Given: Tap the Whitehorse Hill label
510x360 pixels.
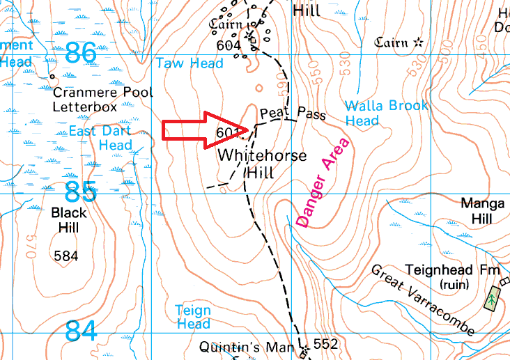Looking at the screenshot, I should tap(261, 163).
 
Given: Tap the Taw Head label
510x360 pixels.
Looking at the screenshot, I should tap(190, 63).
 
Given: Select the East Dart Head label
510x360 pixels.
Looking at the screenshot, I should tap(100, 138).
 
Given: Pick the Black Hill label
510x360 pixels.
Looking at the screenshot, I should tap(69, 220).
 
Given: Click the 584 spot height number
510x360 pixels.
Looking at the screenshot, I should tap(66, 256).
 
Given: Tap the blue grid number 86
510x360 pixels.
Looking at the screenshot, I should tap(82, 52).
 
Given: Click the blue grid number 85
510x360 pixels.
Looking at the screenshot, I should tap(80, 191).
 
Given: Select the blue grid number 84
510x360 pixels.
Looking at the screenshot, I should tap(82, 331).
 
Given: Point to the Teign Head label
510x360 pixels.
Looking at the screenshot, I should tap(192, 317).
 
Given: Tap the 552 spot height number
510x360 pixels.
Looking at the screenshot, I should tap(326, 344).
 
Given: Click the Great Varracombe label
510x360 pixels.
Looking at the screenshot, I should tap(423, 299).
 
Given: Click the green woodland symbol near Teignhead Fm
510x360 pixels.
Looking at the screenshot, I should tap(493, 299).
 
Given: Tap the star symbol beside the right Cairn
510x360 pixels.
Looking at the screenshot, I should tap(418, 42).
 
